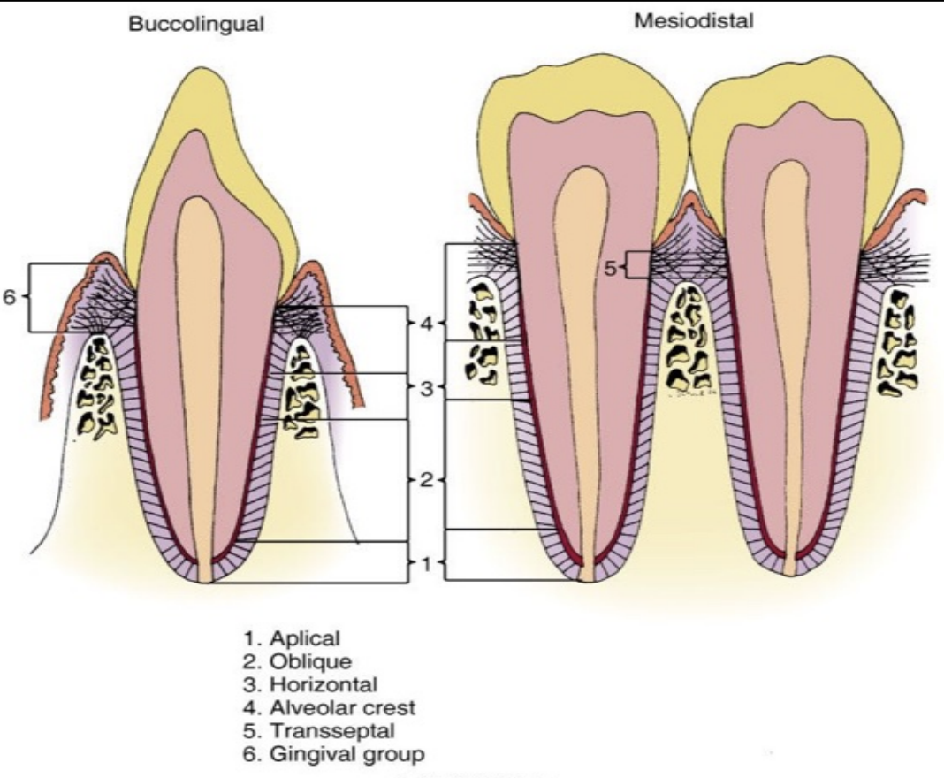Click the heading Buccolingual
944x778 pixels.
tap(196, 25)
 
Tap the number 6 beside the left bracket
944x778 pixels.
tap(9, 297)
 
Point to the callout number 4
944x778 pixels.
tap(426, 324)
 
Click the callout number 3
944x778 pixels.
tap(426, 387)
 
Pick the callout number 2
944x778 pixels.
tap(426, 480)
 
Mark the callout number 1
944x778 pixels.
tap(426, 563)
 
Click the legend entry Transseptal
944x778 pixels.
tap(308, 730)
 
